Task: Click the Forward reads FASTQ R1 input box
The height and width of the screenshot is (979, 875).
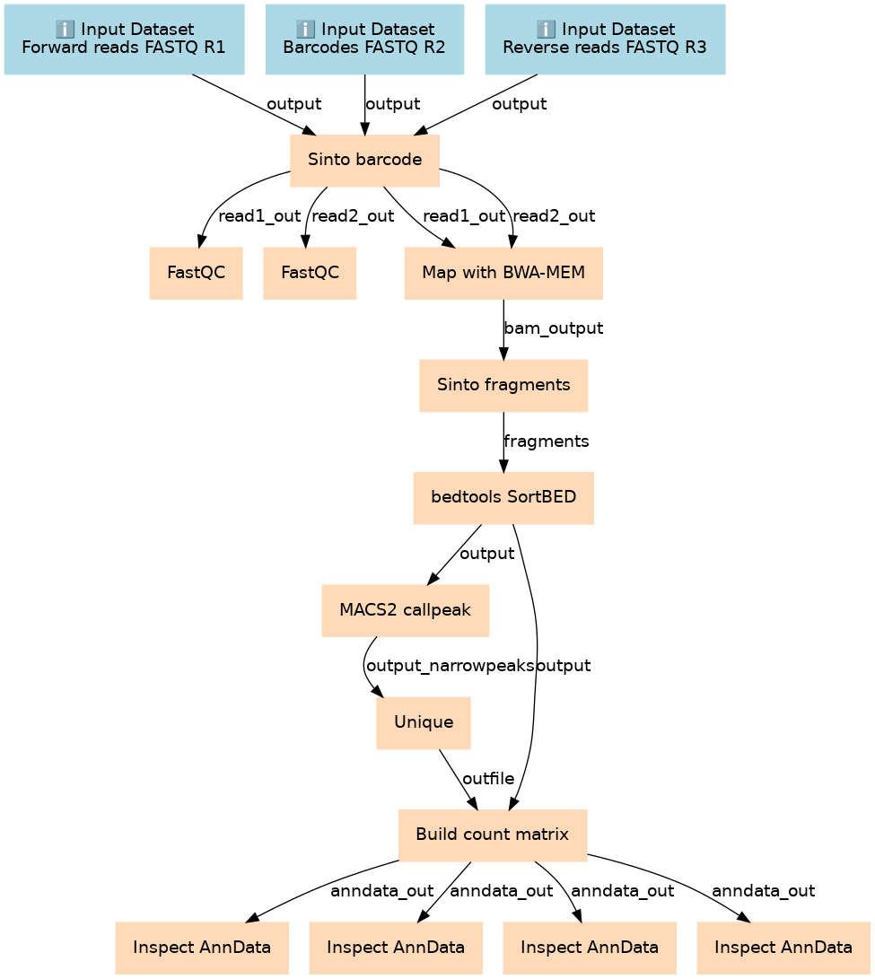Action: (124, 39)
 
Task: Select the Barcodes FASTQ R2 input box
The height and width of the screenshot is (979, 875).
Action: (364, 39)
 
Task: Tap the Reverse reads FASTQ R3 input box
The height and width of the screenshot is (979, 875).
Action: (605, 39)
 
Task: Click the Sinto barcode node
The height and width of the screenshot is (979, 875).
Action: (364, 161)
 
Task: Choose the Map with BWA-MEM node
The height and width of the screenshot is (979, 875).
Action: (503, 273)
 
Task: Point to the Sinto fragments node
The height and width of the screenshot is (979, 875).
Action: (503, 385)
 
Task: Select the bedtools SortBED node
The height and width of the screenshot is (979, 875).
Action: (503, 498)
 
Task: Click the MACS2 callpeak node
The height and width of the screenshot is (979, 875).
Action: (406, 610)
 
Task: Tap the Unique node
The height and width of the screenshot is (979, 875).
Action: (424, 722)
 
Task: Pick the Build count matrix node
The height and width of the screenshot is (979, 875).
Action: (493, 835)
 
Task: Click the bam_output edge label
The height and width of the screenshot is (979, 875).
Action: (554, 328)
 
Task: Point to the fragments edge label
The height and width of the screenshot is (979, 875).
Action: (547, 441)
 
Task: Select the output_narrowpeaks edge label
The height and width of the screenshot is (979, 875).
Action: (451, 666)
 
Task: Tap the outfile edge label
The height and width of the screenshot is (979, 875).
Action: (488, 779)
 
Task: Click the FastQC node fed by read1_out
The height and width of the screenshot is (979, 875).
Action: (197, 273)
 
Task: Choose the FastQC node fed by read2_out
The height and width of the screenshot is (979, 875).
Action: (310, 273)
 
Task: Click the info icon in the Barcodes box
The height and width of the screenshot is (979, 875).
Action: (305, 29)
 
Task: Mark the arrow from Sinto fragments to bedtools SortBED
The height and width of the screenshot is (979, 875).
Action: (503, 441)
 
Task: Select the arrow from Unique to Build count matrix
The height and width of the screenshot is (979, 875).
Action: (458, 779)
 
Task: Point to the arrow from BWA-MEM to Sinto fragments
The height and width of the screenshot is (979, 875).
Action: (503, 329)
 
